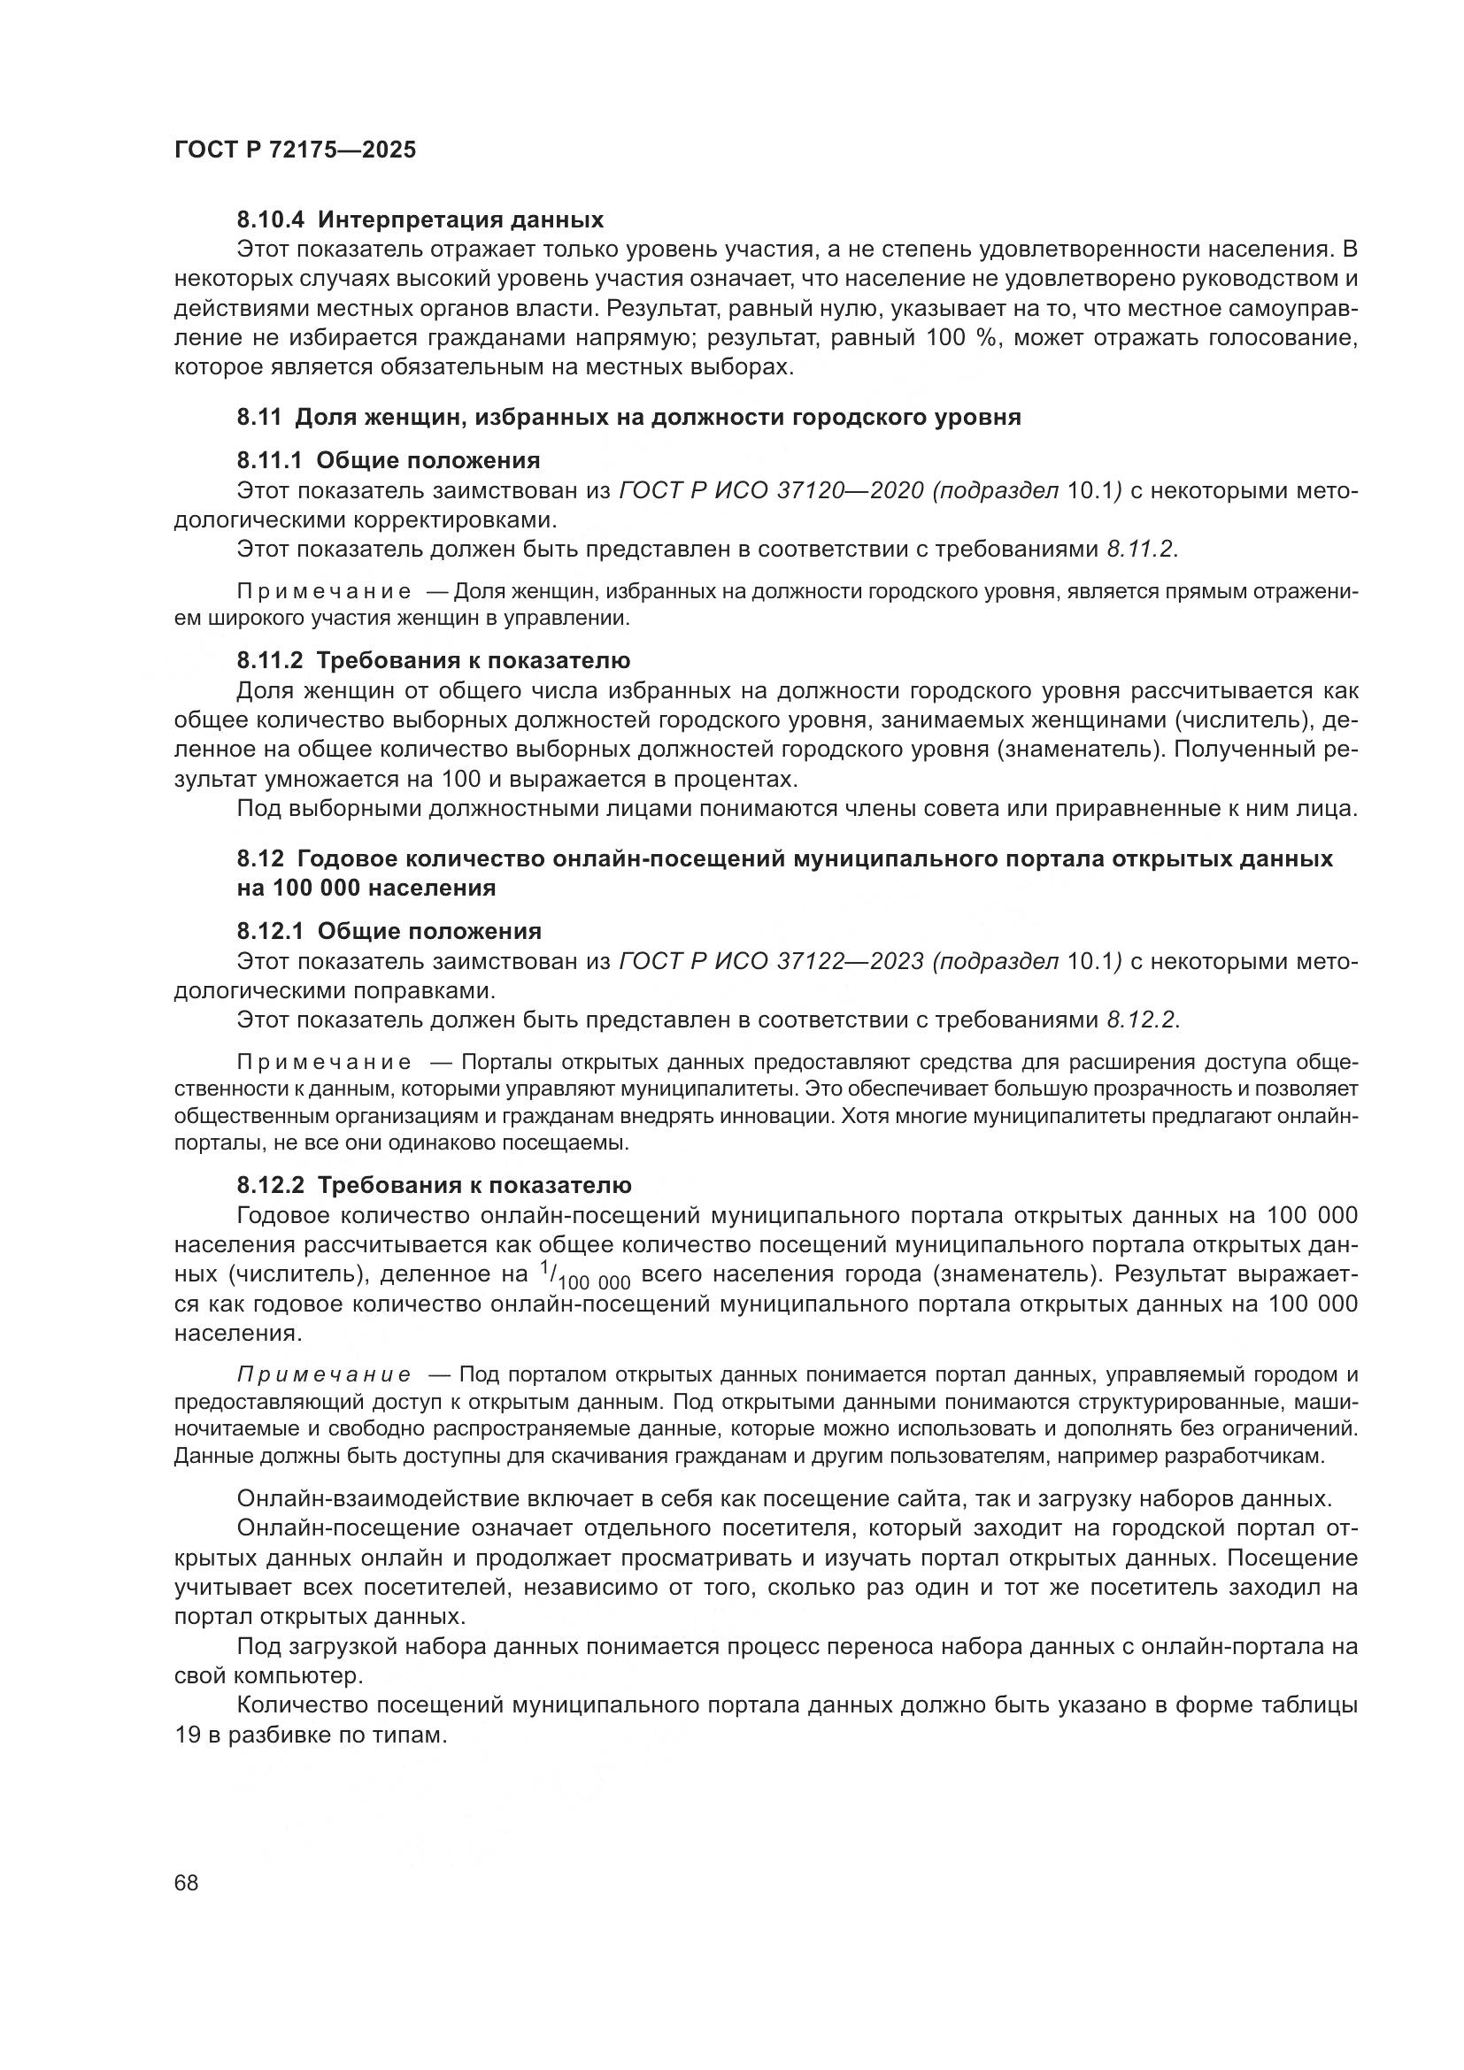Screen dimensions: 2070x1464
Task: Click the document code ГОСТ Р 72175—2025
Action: (295, 150)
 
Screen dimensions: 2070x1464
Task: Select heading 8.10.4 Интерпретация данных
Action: (420, 219)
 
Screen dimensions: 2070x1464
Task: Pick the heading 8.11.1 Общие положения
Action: (389, 461)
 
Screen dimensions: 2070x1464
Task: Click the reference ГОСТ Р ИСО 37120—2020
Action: (772, 490)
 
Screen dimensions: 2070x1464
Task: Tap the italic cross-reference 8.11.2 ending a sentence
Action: (1141, 549)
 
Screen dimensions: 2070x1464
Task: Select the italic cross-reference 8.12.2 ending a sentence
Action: (1141, 1020)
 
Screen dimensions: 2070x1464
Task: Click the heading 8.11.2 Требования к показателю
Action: (434, 660)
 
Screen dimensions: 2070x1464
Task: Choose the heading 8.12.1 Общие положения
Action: (389, 931)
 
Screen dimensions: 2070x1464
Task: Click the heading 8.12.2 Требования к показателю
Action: (434, 1185)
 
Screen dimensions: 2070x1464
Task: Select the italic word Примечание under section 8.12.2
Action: (324, 1375)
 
